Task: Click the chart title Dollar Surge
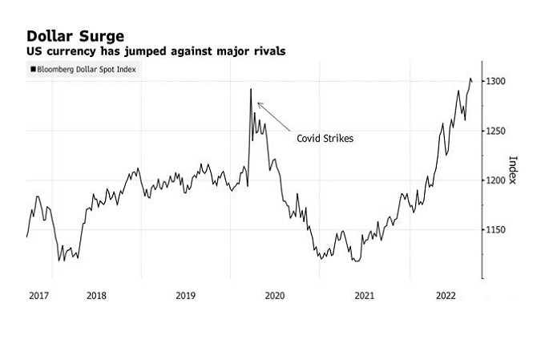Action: click(76, 36)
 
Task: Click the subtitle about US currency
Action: click(155, 51)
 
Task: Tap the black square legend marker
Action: click(33, 70)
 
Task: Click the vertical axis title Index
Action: click(513, 169)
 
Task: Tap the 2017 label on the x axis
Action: click(39, 296)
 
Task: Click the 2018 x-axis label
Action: click(96, 296)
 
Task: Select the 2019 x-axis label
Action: click(185, 296)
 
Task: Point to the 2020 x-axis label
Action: click(275, 296)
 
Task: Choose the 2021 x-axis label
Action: click(365, 296)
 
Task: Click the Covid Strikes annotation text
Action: click(325, 138)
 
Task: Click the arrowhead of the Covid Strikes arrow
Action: click(258, 103)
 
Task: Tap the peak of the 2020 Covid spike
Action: click(251, 89)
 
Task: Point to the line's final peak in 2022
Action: click(470, 78)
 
